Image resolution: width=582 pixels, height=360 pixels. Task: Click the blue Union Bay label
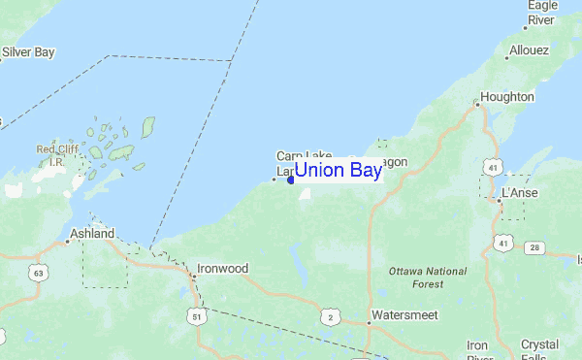(x=338, y=171)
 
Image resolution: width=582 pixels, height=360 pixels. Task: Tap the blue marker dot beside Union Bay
(x=291, y=180)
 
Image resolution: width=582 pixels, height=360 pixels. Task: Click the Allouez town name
(x=528, y=50)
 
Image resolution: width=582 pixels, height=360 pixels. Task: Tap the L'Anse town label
(x=519, y=193)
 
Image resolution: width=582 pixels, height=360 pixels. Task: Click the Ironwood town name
(x=222, y=268)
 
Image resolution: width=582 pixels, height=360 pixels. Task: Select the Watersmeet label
(x=404, y=315)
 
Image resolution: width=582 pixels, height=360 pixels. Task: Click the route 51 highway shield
(x=197, y=316)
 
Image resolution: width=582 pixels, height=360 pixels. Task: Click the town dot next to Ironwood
(x=193, y=276)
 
